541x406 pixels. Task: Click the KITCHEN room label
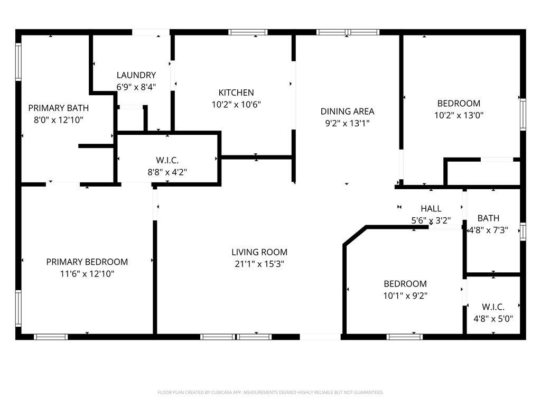[x=236, y=93]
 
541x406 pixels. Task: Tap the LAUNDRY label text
[x=136, y=75]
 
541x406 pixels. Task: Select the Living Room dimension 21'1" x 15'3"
[x=259, y=264]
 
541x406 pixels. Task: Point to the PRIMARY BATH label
[x=58, y=108]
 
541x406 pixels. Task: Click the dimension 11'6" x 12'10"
[x=87, y=274]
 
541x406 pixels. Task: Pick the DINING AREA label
[x=348, y=111]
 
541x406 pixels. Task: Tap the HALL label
[x=431, y=208]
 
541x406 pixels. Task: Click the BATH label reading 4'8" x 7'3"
[x=488, y=218]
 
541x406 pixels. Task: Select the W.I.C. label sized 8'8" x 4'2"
[x=167, y=160]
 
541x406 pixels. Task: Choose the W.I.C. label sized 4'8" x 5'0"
[x=493, y=307]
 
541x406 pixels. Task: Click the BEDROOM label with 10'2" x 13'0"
[x=459, y=103]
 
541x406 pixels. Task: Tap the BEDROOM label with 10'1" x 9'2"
[x=405, y=284]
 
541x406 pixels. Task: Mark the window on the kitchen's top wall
[x=248, y=32]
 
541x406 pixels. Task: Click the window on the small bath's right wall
[x=523, y=232]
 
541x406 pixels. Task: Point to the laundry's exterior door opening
[x=151, y=32]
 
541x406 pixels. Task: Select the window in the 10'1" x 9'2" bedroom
[x=404, y=337]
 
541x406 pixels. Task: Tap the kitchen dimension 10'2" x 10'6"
[x=236, y=104]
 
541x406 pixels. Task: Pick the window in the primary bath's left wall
[x=18, y=62]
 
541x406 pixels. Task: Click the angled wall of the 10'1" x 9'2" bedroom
[x=355, y=236]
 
